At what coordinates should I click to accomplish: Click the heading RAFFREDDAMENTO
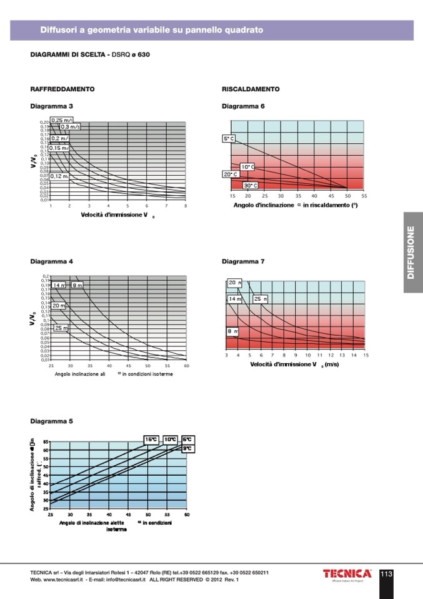tap(62, 89)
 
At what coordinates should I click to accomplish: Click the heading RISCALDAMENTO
tap(251, 89)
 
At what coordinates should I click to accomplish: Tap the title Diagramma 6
tap(243, 106)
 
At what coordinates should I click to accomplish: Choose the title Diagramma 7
tap(243, 261)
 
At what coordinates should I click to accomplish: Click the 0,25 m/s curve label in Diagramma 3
tap(62, 120)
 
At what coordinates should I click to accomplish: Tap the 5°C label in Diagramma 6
tap(228, 138)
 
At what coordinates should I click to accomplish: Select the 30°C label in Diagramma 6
tap(250, 186)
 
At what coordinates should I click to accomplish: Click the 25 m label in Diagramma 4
tap(61, 328)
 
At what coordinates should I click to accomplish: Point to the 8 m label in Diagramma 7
tap(232, 331)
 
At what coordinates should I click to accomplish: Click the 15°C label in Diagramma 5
tap(151, 440)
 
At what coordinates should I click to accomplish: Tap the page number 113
tap(386, 573)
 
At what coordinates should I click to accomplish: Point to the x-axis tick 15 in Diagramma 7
tap(366, 355)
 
